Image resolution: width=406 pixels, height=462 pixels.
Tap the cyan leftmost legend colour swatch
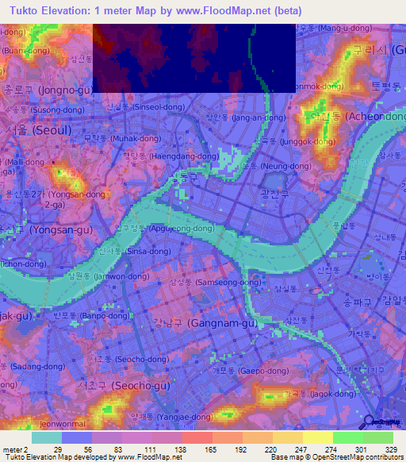click(46, 437)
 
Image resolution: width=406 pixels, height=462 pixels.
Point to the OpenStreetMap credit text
click(343, 457)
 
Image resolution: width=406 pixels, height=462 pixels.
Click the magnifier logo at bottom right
click(370, 422)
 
